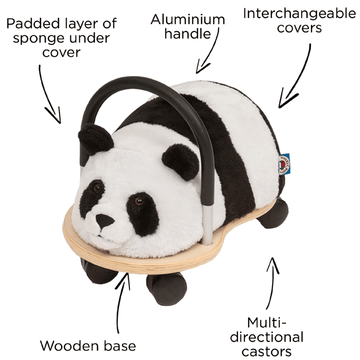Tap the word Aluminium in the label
188,20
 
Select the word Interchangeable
299,13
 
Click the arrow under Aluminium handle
209,55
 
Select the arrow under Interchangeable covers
297,75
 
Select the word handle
187,34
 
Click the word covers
299,28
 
